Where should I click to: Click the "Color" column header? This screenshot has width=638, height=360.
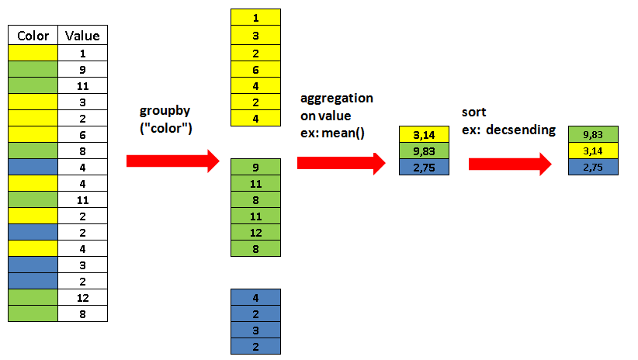click(x=33, y=36)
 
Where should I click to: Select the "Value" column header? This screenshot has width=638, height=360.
click(x=82, y=36)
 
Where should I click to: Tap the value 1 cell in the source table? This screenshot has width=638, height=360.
click(x=82, y=53)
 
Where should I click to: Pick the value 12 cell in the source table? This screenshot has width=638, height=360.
click(x=82, y=297)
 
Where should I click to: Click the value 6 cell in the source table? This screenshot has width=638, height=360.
click(x=82, y=134)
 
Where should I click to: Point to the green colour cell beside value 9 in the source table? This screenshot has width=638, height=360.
click(x=33, y=69)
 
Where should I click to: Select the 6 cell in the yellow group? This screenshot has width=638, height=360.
click(x=256, y=68)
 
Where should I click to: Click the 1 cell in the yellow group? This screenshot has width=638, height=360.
click(x=256, y=17)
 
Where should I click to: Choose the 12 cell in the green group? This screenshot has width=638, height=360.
click(x=256, y=232)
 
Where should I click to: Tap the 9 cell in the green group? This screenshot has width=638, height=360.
click(x=256, y=166)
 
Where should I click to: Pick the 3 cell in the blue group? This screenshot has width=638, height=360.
click(x=256, y=329)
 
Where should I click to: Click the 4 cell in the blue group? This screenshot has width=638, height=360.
click(x=256, y=296)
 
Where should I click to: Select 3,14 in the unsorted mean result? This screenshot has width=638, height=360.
click(x=423, y=135)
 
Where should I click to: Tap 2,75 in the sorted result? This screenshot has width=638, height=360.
click(x=593, y=168)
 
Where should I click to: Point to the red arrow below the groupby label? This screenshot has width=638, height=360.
click(x=172, y=161)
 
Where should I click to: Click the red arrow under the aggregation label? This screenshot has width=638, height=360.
click(x=341, y=163)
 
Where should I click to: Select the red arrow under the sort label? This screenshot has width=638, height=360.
click(x=509, y=164)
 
